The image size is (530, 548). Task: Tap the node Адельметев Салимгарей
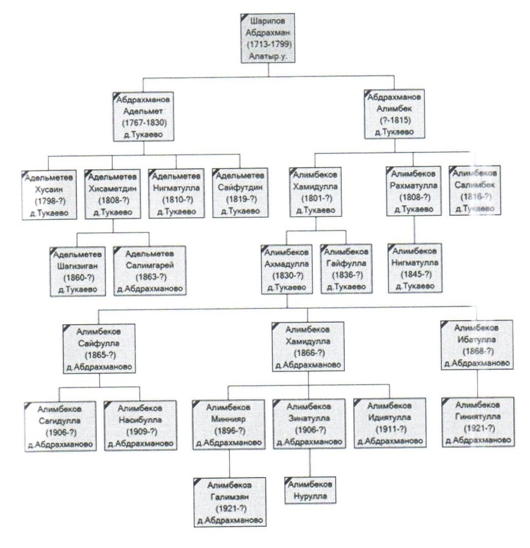point(150,270)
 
